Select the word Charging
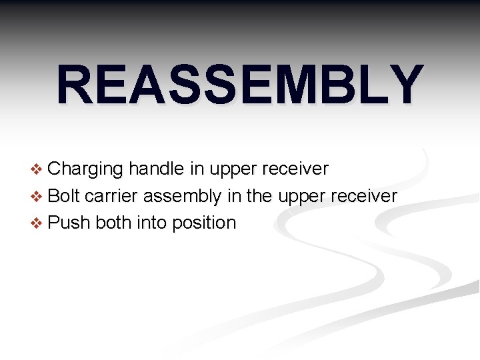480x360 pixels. pyautogui.click(x=86, y=169)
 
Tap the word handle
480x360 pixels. pyautogui.click(x=157, y=169)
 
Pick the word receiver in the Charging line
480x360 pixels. pyautogui.click(x=294, y=169)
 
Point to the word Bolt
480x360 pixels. pyautogui.click(x=65, y=196)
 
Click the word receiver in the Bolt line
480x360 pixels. pyautogui.click(x=363, y=196)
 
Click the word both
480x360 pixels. pyautogui.click(x=113, y=223)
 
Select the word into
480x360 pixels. pyautogui.click(x=151, y=223)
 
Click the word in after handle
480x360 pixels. pyautogui.click(x=197, y=169)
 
